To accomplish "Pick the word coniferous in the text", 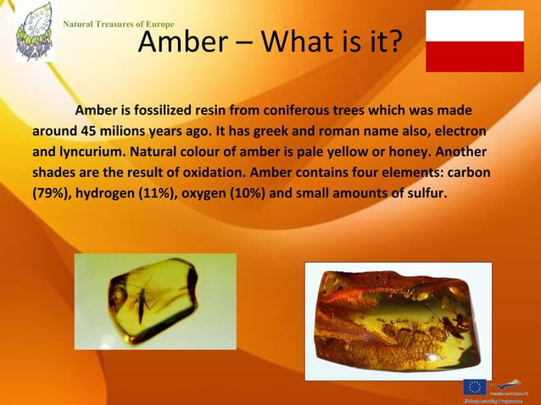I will [301, 111].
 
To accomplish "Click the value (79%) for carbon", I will [52, 193].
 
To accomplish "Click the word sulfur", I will [426, 193].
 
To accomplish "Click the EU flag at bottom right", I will [474, 387].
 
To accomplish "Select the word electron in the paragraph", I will [459, 132].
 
